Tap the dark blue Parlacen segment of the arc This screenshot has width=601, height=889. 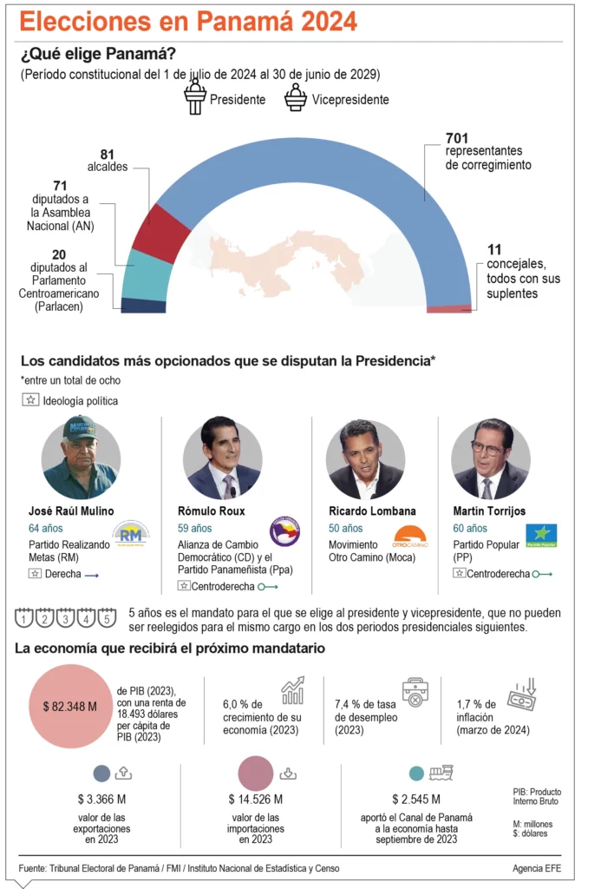(x=143, y=306)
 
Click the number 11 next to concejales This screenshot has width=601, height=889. (x=495, y=249)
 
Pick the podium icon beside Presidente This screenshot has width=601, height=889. (x=194, y=97)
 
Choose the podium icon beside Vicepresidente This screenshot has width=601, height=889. (x=296, y=97)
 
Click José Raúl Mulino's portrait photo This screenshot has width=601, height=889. (x=81, y=459)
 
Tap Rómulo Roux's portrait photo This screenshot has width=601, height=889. (x=222, y=459)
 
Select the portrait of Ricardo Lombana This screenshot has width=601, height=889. (x=365, y=459)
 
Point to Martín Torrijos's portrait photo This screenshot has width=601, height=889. (x=491, y=459)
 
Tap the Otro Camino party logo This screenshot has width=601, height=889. (x=410, y=536)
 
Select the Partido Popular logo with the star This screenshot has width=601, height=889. (x=542, y=535)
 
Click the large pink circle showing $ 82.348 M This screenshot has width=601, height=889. (x=69, y=706)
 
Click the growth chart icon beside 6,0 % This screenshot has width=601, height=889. (x=292, y=690)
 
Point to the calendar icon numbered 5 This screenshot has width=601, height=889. (x=106, y=619)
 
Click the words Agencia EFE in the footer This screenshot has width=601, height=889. (x=538, y=868)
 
